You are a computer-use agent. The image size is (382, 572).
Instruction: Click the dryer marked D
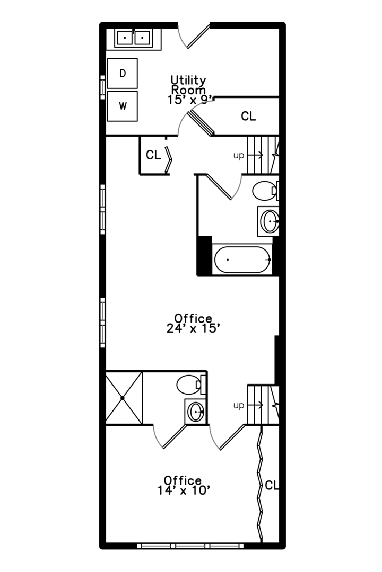[x=123, y=73]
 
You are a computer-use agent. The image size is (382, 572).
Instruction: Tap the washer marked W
[x=123, y=106]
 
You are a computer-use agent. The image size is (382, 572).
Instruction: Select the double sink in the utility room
[x=133, y=38]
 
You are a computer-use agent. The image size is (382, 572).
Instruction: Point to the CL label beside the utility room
[x=248, y=117]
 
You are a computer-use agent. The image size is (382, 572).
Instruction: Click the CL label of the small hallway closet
[x=153, y=155]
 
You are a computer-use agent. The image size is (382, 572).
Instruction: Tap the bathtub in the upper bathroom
[x=242, y=260]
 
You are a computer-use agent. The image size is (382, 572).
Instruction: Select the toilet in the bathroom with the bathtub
[x=266, y=191]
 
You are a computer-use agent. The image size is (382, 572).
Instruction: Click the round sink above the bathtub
[x=270, y=221]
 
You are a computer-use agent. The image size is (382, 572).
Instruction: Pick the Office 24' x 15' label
[x=193, y=323]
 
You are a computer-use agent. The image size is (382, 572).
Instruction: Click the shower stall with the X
[x=124, y=398]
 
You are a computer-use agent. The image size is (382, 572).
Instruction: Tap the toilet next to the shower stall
[x=191, y=385]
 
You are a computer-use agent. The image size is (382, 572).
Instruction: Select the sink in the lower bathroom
[x=196, y=412]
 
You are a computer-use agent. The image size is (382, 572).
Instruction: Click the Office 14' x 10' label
[x=184, y=485]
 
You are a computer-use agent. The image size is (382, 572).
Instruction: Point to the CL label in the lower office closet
[x=272, y=485]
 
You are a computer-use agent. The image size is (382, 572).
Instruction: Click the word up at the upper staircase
[x=239, y=156]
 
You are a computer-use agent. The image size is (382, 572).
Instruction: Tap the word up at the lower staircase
[x=239, y=406]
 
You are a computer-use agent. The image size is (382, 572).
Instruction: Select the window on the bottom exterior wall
[x=190, y=546]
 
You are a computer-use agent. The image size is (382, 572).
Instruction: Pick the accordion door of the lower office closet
[x=260, y=484]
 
